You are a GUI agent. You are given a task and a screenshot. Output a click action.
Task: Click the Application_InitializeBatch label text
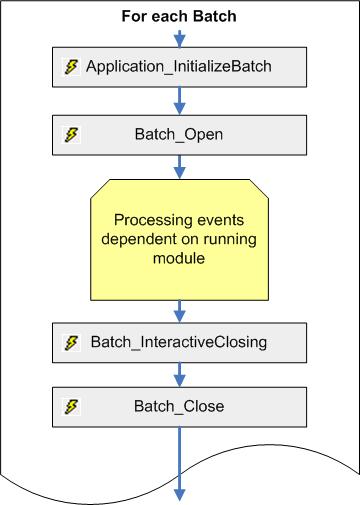point(179,67)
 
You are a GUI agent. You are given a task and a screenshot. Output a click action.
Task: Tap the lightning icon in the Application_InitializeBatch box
point(71,67)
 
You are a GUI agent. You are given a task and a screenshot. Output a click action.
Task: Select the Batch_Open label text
point(180,133)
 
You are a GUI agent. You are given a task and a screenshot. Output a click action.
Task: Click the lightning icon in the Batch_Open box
point(71,133)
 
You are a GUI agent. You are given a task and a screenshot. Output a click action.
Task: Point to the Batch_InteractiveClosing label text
point(179,342)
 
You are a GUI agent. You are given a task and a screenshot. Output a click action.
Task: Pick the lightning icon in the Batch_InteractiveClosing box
point(71,342)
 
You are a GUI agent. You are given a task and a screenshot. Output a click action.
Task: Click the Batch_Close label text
point(180,406)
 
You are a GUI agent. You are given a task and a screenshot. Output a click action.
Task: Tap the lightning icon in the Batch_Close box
point(71,406)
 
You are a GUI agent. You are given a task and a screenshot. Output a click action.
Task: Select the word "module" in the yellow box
point(180,259)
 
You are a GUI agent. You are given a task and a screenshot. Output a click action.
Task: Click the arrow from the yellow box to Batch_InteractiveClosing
point(180,309)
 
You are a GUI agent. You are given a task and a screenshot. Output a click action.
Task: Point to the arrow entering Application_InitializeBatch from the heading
point(180,37)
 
